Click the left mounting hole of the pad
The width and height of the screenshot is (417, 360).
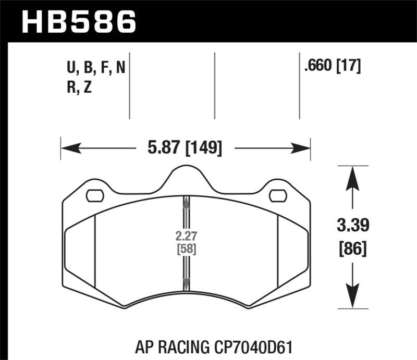[94, 195]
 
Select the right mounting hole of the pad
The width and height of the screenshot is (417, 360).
[278, 195]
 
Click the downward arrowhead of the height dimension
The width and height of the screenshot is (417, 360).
[353, 298]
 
